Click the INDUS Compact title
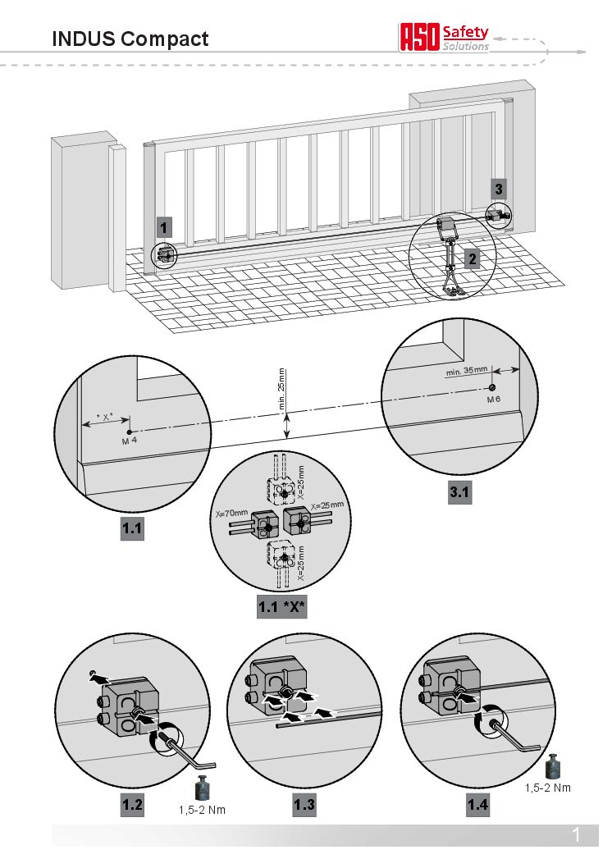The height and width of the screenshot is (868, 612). (130, 39)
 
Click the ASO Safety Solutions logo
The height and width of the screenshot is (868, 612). (444, 38)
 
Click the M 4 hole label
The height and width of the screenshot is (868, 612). (129, 441)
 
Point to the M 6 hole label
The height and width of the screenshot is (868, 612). (492, 399)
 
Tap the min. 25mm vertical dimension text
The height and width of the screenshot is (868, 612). (281, 389)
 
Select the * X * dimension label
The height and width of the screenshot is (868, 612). (105, 418)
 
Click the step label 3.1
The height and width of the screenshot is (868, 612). (460, 493)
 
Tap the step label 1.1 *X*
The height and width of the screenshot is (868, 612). (281, 608)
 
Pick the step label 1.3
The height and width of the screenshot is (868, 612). (304, 806)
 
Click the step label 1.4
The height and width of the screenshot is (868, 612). (477, 806)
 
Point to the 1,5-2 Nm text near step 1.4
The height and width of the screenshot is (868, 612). (548, 788)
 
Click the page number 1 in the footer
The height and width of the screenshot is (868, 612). (576, 836)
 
